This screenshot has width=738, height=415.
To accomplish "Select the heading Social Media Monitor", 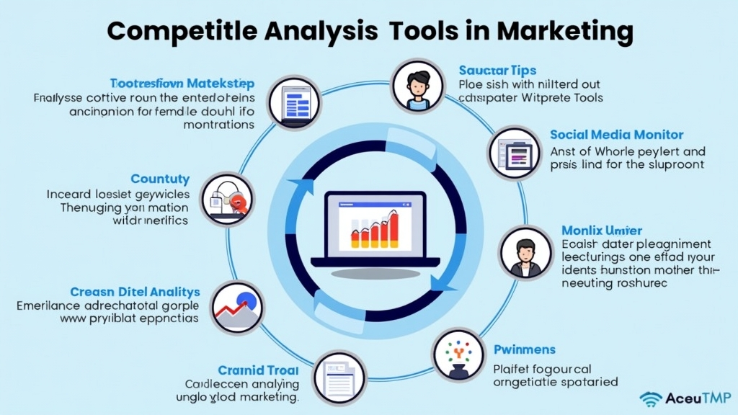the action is click(616, 135).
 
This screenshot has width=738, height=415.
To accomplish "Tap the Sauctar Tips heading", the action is click(497, 70).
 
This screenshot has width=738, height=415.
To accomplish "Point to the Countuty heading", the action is click(160, 179).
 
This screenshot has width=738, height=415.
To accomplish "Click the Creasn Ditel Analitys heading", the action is click(135, 292).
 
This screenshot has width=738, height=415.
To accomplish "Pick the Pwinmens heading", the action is click(524, 349).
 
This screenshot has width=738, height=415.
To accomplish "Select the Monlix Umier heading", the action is click(601, 231).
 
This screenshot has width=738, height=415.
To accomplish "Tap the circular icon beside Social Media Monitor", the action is click(515, 152).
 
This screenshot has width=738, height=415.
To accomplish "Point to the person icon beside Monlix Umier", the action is click(525, 252).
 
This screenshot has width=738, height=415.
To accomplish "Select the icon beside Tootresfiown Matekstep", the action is click(294, 102).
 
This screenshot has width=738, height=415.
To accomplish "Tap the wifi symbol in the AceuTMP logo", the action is click(650, 398).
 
